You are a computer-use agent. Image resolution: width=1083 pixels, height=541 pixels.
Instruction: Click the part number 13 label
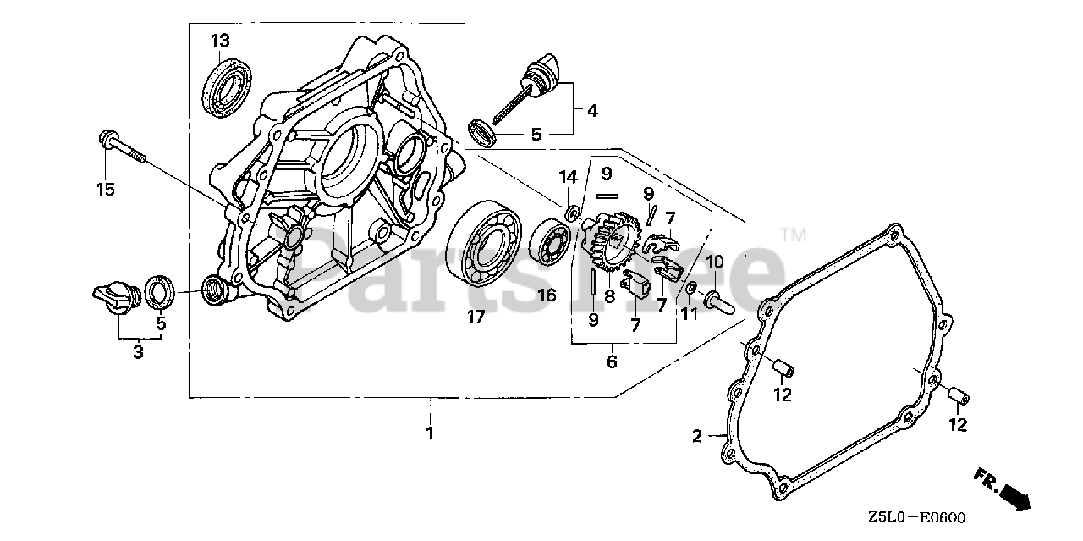(220, 40)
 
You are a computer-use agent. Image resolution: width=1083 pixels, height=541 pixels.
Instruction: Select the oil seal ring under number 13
(226, 84)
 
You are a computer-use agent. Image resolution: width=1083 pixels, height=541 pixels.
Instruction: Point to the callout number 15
(105, 190)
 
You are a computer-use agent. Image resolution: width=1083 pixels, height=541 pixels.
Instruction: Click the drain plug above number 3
(114, 297)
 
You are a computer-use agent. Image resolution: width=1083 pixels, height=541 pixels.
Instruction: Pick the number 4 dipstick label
(592, 110)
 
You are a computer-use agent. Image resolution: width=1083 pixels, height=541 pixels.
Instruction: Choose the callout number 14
(568, 178)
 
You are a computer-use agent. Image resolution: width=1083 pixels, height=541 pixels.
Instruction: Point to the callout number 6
(611, 362)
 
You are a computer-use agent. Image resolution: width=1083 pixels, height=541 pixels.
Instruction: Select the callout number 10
(715, 261)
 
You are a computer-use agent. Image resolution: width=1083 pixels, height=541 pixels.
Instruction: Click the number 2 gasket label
(696, 437)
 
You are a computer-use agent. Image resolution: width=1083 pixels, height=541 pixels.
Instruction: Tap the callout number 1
(429, 433)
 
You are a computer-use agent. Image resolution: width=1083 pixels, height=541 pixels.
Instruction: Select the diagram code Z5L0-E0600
(915, 517)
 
